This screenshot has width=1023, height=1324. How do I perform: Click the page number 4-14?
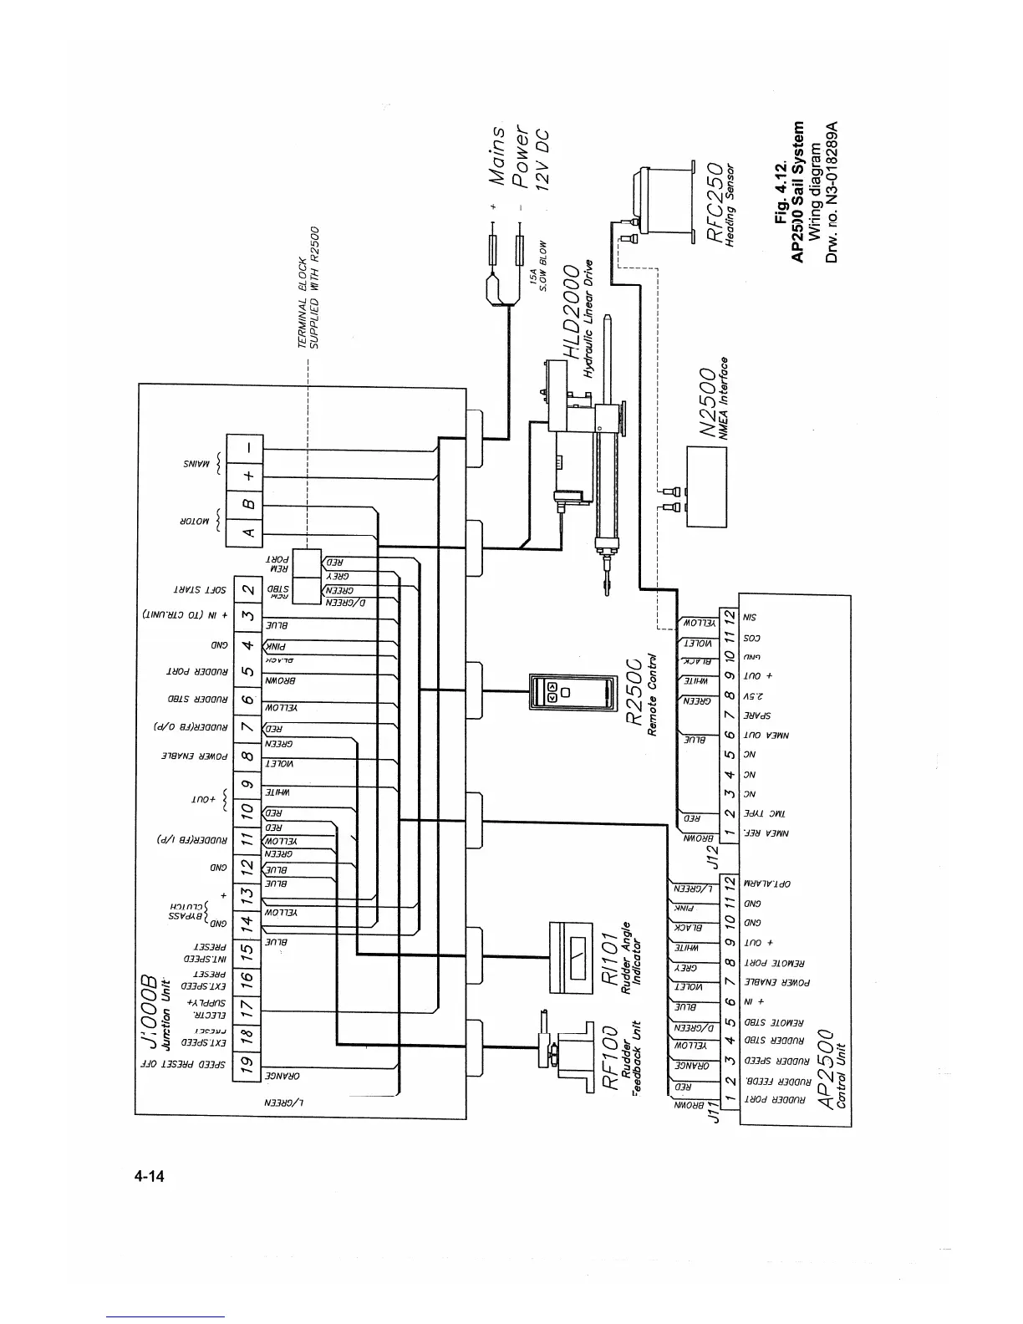[150, 1177]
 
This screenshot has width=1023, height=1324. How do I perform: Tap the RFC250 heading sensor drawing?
[664, 201]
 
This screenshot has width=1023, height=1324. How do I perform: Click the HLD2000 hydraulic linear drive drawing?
[585, 451]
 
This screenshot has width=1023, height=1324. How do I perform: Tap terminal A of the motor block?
[248, 532]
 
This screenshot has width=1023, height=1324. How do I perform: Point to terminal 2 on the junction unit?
[248, 588]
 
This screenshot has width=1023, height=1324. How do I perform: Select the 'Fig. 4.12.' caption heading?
[781, 194]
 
